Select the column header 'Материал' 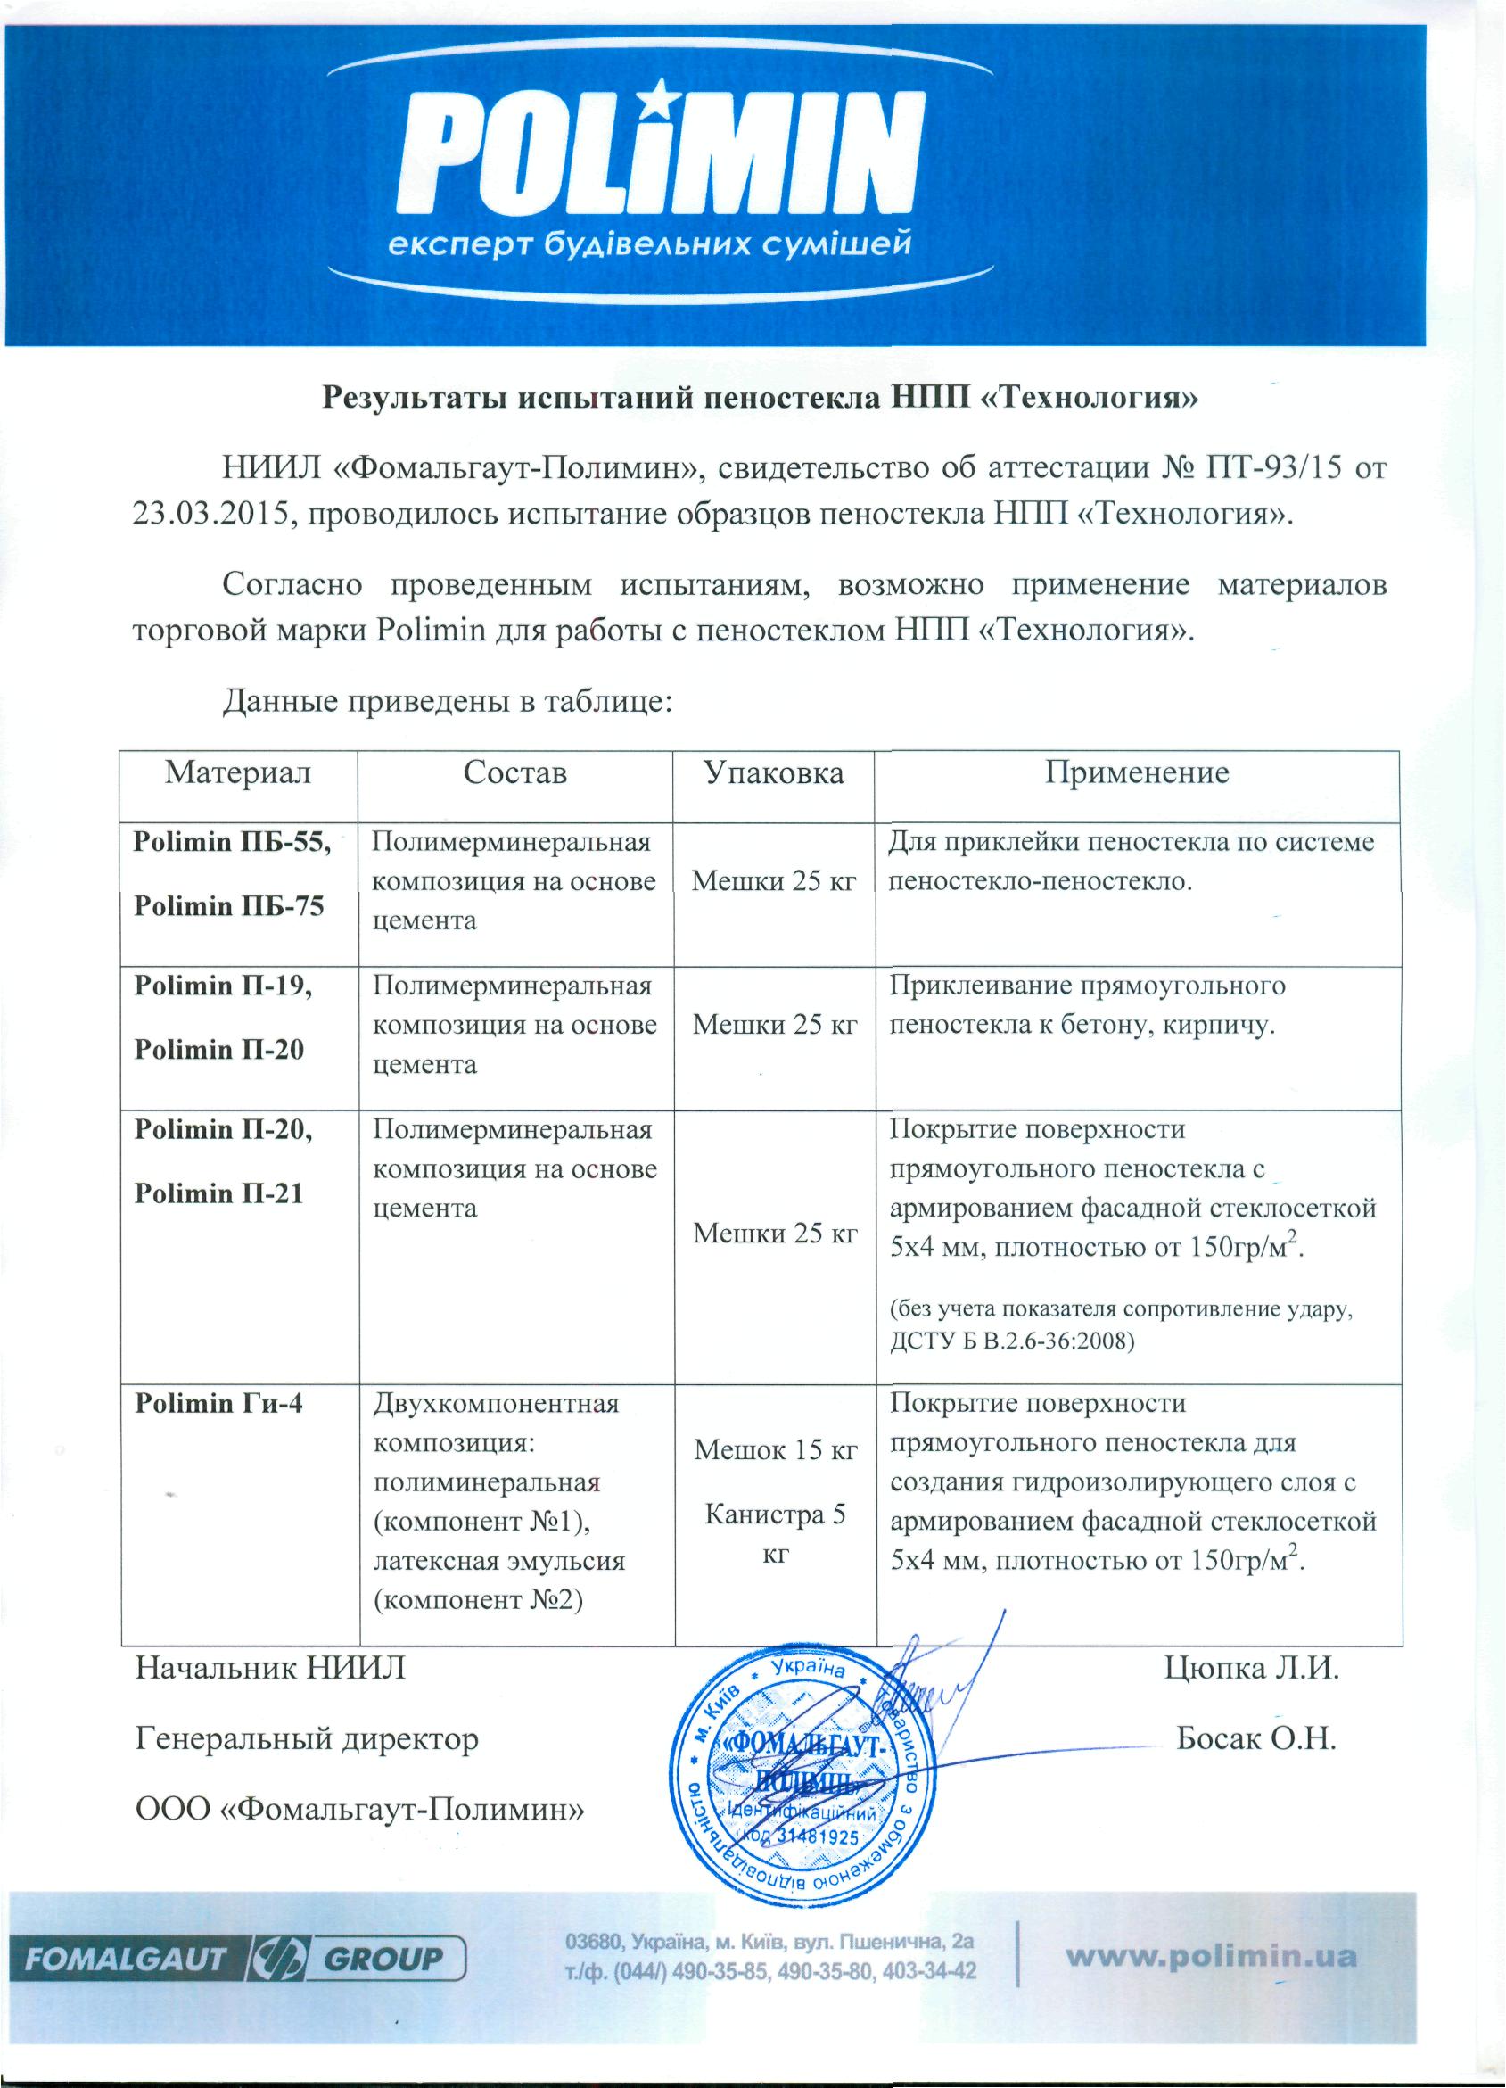(x=237, y=772)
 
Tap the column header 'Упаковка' (x=773, y=772)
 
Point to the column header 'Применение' (x=1136, y=772)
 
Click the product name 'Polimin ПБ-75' (x=229, y=907)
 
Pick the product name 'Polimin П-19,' (x=224, y=986)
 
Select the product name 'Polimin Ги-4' (x=218, y=1403)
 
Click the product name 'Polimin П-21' (x=218, y=1193)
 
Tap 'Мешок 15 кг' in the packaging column (x=775, y=1451)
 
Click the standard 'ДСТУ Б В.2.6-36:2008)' (x=1012, y=1341)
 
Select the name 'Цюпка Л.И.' (x=1251, y=1668)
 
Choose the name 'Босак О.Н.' (x=1256, y=1739)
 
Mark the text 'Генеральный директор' (x=307, y=1739)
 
